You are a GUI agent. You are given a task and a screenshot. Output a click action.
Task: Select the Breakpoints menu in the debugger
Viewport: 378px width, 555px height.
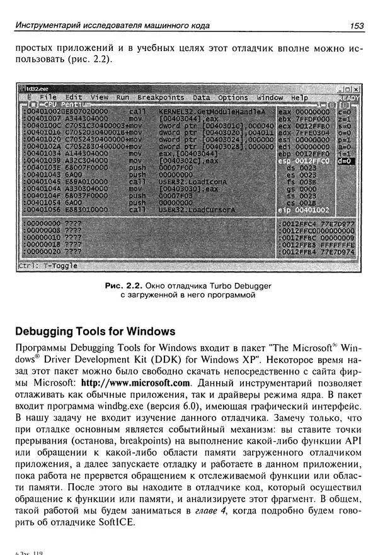161,98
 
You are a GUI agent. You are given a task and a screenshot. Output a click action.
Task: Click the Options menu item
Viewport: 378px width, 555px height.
233,98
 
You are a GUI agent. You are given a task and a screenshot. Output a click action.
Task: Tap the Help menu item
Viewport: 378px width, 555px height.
299,98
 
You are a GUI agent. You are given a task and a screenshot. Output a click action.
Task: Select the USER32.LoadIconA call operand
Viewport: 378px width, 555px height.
189,181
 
